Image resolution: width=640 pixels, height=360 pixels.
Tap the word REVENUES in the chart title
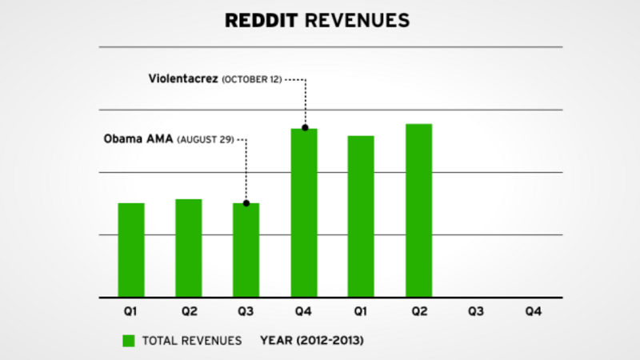(x=361, y=19)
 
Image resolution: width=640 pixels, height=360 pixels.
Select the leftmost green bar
(x=131, y=250)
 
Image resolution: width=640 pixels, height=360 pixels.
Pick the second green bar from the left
(x=189, y=248)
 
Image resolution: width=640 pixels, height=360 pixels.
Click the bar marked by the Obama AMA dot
(x=246, y=250)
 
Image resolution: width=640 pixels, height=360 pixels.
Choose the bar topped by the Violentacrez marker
(x=304, y=213)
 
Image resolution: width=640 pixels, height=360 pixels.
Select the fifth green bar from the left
(x=361, y=216)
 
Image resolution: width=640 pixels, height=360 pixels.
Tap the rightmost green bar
(x=418, y=210)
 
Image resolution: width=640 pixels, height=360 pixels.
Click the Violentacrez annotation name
(x=183, y=79)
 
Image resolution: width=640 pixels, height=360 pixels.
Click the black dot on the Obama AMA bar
(x=246, y=203)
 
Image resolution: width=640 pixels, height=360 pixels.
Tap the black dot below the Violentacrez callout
(x=304, y=128)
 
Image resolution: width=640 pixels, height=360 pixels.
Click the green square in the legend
(x=128, y=340)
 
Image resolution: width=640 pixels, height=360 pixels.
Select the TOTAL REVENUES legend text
(x=192, y=340)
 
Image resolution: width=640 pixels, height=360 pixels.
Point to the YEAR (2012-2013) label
(x=313, y=340)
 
